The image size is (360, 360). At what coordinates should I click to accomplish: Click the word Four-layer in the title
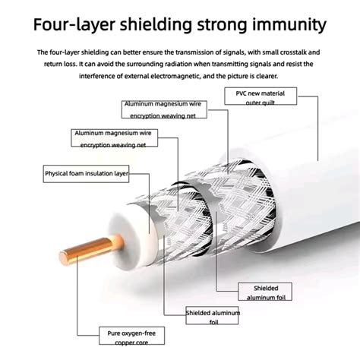(74, 24)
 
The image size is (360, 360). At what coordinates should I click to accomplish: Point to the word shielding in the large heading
(156, 24)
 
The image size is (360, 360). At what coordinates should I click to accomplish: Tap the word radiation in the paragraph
(178, 64)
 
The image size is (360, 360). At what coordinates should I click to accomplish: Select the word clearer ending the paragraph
(267, 76)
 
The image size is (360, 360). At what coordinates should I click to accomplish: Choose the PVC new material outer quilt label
(261, 96)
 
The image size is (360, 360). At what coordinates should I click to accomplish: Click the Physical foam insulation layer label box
(86, 174)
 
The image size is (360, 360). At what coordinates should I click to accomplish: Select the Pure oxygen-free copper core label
(131, 336)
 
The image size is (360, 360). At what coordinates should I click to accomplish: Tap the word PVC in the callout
(242, 93)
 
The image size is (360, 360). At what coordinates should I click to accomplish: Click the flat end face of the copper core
(64, 257)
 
